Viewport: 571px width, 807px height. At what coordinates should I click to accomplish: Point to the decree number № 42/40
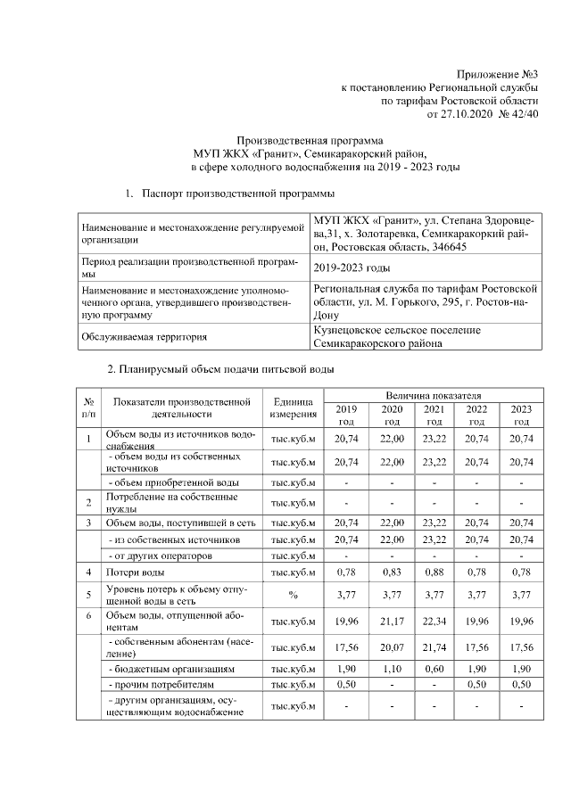(x=519, y=114)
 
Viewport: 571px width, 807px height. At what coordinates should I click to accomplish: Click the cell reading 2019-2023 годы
(x=352, y=268)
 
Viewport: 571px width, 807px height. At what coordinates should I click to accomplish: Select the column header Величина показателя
(x=434, y=394)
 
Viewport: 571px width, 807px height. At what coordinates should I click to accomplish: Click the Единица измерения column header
(x=294, y=408)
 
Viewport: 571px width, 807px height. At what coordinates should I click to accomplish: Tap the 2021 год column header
(x=434, y=414)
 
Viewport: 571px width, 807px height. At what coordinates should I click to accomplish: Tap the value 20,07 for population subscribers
(x=392, y=648)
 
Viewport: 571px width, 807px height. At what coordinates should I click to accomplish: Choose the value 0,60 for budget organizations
(x=434, y=669)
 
